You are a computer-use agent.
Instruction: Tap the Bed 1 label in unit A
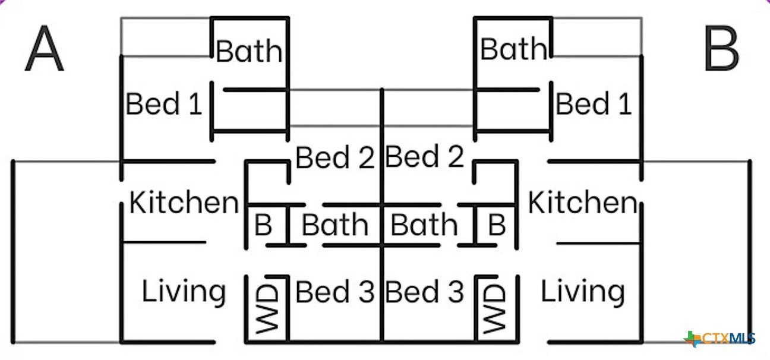(164, 105)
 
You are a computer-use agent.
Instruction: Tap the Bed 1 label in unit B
(593, 105)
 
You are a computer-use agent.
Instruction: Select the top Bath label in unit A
(249, 51)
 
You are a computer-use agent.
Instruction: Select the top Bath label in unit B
(513, 49)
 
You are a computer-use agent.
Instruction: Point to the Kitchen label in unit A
(184, 203)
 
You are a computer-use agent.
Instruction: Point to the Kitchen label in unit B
(582, 203)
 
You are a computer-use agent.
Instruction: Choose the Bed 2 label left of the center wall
(335, 158)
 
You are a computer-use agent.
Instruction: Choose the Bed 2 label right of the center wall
(424, 157)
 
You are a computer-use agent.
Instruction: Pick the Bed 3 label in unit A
(335, 292)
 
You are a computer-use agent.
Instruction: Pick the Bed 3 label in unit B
(424, 292)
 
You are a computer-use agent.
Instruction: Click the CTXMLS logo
(721, 339)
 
